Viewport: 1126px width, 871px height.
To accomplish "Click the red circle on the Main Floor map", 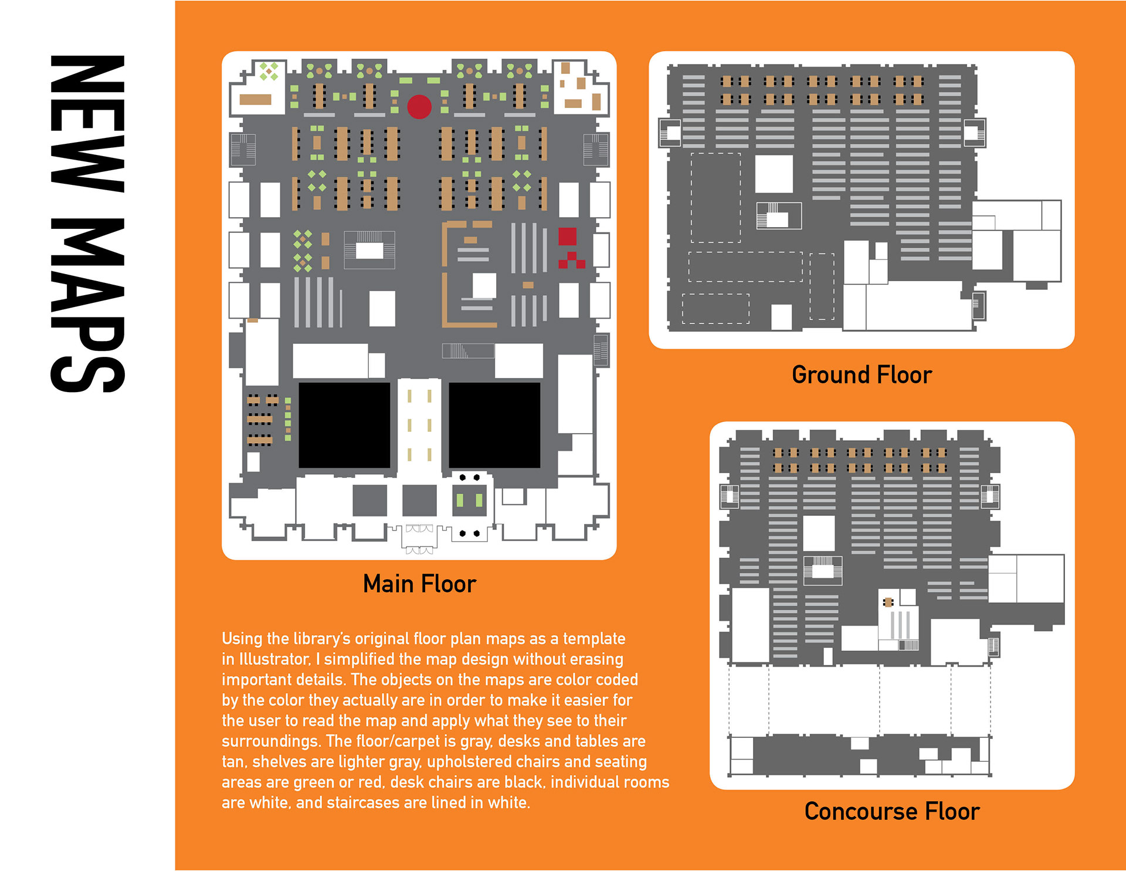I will tap(419, 106).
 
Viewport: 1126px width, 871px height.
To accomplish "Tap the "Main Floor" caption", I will tap(419, 584).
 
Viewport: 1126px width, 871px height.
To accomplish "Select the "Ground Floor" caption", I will tap(862, 375).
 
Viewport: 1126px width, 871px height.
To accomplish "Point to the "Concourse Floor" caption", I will tap(892, 811).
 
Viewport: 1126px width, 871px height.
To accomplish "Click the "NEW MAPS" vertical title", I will tap(88, 224).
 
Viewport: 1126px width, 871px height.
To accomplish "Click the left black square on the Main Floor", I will tap(344, 425).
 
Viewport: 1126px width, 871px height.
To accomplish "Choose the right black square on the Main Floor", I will tap(494, 425).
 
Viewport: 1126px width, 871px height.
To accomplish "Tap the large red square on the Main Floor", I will tap(567, 236).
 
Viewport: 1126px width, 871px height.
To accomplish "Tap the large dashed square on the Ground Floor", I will tap(715, 197).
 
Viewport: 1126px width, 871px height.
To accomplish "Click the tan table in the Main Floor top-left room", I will tap(256, 100).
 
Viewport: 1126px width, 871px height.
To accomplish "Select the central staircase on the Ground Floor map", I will tap(778, 215).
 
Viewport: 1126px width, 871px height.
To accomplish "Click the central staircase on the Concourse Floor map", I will tap(822, 570).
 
